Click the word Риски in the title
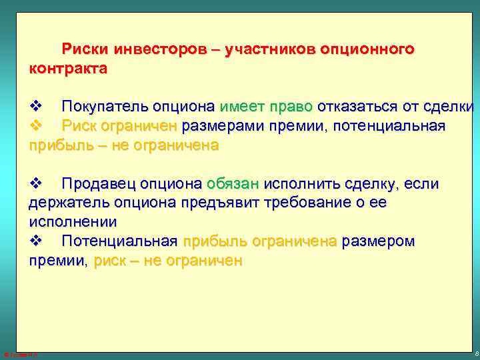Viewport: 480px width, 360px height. click(x=85, y=49)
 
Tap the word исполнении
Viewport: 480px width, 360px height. click(x=72, y=221)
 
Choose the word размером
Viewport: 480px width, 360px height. click(x=378, y=241)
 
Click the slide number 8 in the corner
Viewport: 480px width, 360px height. click(x=474, y=352)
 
